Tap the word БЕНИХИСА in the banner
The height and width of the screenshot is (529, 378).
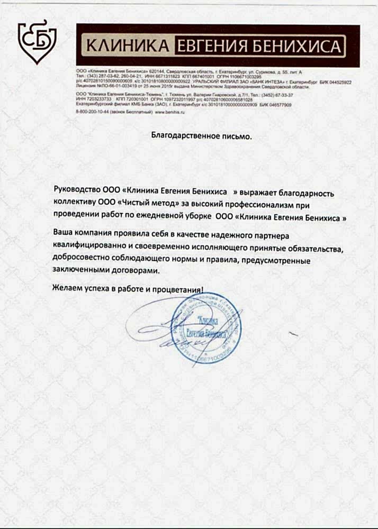296,47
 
